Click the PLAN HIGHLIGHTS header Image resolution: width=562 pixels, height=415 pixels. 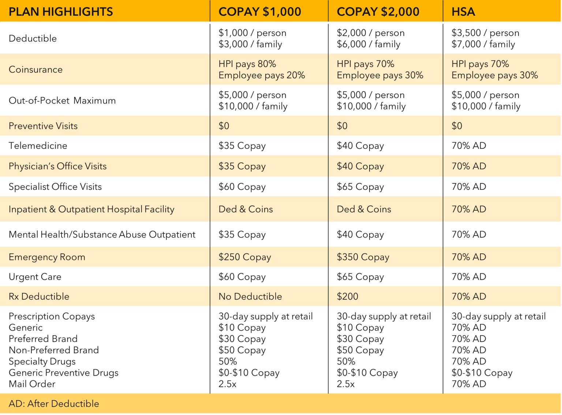(61, 12)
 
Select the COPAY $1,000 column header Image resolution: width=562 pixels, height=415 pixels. (260, 12)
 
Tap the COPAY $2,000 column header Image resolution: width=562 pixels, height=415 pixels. (378, 12)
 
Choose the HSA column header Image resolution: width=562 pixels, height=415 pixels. (463, 12)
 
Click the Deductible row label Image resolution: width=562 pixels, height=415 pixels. (33, 38)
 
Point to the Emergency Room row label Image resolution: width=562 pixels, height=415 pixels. (47, 257)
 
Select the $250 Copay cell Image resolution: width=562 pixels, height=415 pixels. (245, 257)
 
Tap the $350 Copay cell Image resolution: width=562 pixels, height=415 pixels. (363, 257)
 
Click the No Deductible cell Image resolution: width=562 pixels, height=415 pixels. (250, 297)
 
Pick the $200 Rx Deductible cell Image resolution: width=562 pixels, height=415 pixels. (348, 297)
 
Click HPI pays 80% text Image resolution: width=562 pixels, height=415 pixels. (247, 64)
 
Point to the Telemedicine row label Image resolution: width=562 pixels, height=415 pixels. (38, 146)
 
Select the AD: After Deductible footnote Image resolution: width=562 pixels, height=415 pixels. (54, 404)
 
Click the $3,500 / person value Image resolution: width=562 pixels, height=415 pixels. (486, 33)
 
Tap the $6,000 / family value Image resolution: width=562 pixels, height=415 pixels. (368, 44)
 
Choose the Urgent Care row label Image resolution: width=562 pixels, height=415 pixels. (35, 277)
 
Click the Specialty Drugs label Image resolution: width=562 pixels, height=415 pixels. (42, 361)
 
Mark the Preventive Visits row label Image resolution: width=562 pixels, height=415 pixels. (43, 126)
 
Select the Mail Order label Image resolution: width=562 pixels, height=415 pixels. (32, 384)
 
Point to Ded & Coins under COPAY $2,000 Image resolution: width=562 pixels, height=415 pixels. (364, 209)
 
